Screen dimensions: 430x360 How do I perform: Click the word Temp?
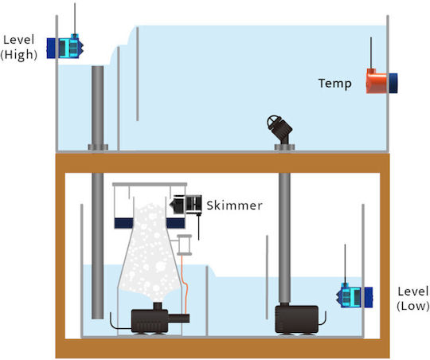coord(334,83)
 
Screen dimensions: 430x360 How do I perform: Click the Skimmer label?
coord(234,205)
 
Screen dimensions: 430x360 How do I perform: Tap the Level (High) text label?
coord(18,47)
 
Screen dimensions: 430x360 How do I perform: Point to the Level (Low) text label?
coord(413,299)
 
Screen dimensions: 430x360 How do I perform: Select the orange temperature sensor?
coord(377,81)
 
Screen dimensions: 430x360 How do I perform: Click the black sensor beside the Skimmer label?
coord(186,204)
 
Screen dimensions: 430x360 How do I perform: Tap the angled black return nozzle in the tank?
coord(280,128)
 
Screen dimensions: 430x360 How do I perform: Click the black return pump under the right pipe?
coord(297,319)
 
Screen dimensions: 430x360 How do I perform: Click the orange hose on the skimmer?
coord(185,284)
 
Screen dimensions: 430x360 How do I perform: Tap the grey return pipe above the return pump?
coord(284,237)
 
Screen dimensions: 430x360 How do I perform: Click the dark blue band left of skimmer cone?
coord(123,223)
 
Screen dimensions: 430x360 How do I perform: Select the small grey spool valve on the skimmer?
coord(184,245)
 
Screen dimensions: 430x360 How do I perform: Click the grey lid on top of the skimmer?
coord(150,185)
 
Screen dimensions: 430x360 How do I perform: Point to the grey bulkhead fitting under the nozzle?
coord(284,147)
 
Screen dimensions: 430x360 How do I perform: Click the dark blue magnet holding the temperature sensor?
coord(392,83)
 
